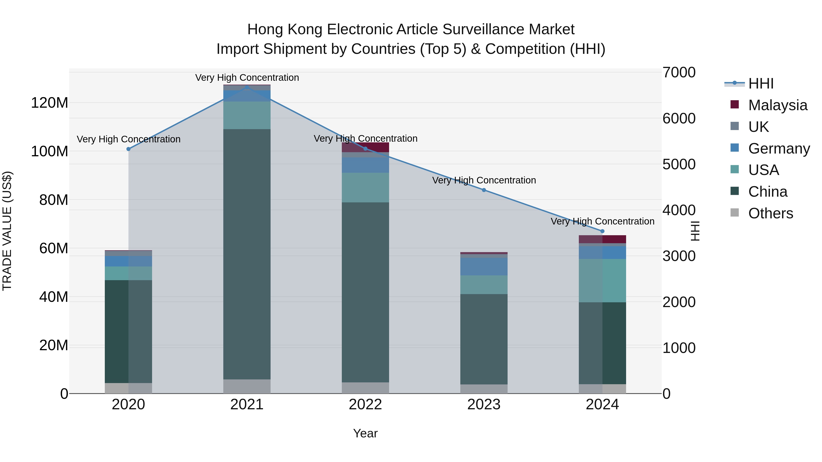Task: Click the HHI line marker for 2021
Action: (x=247, y=87)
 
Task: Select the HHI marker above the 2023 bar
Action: (x=484, y=190)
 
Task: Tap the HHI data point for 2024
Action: (x=602, y=231)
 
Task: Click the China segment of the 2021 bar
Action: (x=247, y=255)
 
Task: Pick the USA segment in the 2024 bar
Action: (x=602, y=281)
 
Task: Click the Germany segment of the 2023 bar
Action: (x=484, y=266)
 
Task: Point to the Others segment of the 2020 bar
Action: (x=128, y=388)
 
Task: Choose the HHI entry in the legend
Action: (x=761, y=84)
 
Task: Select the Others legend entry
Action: (x=770, y=213)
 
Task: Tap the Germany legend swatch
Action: (x=735, y=148)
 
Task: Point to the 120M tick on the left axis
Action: (x=50, y=103)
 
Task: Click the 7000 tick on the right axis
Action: (x=679, y=72)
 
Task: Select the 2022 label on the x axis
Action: (x=365, y=405)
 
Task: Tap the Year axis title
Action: (x=365, y=433)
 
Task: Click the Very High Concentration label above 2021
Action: (x=247, y=78)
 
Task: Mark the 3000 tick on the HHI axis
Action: (x=679, y=256)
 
